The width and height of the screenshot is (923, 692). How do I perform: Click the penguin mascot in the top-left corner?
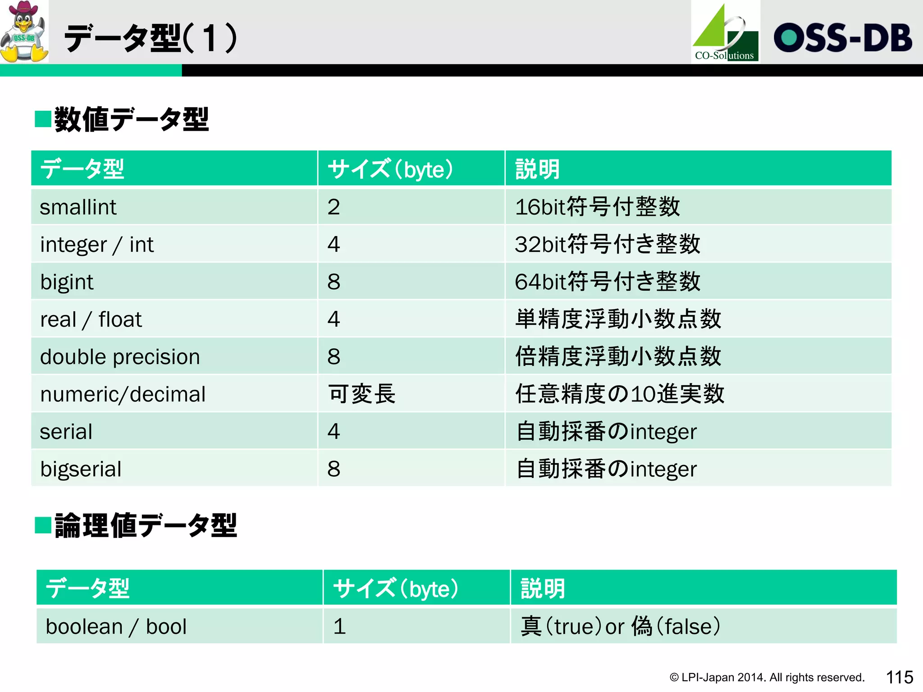click(24, 32)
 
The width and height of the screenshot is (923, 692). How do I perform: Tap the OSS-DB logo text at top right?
click(843, 38)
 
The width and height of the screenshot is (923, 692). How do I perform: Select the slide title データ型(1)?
click(151, 39)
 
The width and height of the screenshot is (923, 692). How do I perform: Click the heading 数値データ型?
click(131, 120)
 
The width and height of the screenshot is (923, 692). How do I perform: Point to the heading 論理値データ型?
click(145, 526)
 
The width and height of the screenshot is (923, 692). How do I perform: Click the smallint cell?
click(78, 207)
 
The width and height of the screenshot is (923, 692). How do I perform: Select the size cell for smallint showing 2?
click(334, 207)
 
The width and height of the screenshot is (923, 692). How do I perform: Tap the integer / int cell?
click(97, 245)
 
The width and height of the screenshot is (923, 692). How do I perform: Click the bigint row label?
click(67, 282)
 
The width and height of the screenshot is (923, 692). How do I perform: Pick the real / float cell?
click(91, 320)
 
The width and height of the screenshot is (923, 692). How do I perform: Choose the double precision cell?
click(120, 357)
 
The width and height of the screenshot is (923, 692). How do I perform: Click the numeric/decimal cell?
click(123, 395)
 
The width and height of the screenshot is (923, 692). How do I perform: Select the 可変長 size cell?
click(361, 394)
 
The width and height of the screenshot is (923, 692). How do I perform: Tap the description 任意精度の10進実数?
click(620, 394)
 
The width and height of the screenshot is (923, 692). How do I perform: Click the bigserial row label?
click(81, 469)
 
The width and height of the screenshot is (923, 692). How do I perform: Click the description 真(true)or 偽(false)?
click(620, 627)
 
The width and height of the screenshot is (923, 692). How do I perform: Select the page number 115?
click(900, 677)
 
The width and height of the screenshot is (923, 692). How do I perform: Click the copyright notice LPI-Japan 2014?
click(767, 678)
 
